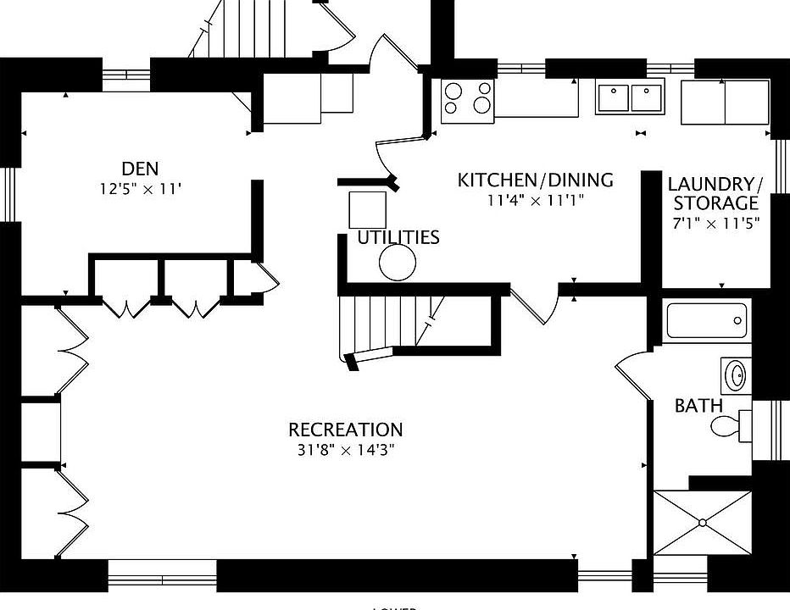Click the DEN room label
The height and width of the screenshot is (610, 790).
pos(140,169)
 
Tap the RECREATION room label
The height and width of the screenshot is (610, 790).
pos(345,430)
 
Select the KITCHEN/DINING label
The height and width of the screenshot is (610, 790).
pos(535,180)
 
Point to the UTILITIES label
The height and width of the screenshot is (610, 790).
pos(398,237)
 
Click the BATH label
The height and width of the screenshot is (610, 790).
pos(698,406)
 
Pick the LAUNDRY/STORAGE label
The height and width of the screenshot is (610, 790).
pos(715,193)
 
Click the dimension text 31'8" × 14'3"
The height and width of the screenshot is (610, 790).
pos(345,450)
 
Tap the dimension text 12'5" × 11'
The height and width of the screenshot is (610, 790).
pos(140,189)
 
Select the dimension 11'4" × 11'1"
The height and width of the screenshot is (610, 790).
pos(535,200)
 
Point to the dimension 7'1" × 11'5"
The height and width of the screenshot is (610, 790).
pos(715,223)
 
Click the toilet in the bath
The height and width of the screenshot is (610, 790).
pos(732,424)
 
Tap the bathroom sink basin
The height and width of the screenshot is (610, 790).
pos(737,374)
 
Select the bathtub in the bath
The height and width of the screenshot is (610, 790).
pos(707,322)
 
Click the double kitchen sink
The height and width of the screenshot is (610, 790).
pos(630,97)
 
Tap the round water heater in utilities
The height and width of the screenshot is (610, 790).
pos(398,263)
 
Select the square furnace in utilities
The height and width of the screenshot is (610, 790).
pos(367,209)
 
